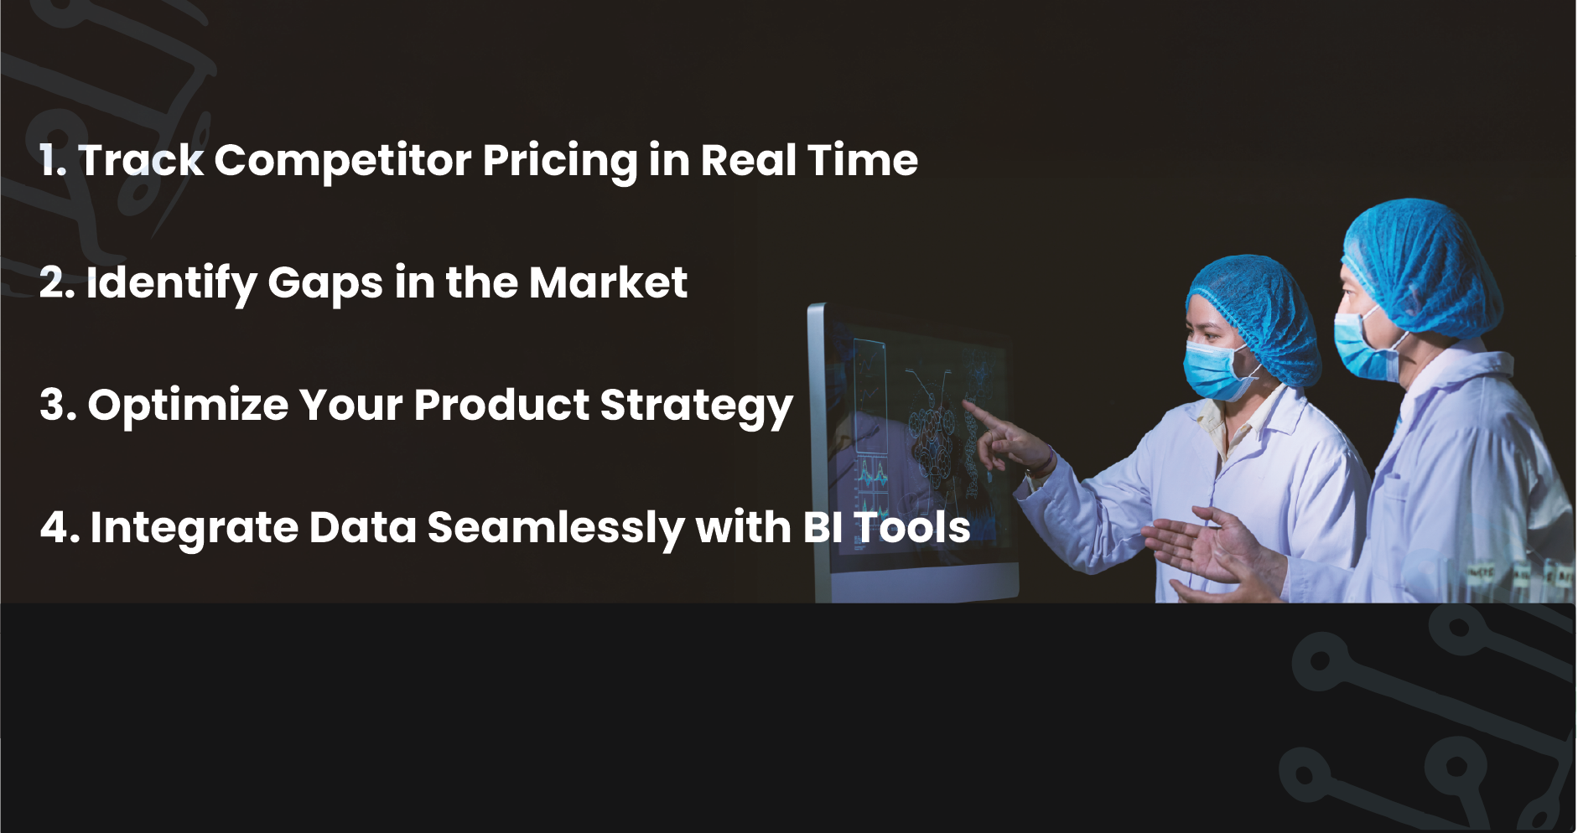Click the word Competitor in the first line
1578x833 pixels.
tap(343, 161)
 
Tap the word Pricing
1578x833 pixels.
tap(560, 162)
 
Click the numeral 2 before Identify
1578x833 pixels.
tap(54, 282)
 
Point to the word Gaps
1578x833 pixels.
tap(325, 284)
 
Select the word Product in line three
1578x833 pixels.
tap(501, 405)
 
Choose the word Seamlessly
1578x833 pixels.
tap(555, 529)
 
